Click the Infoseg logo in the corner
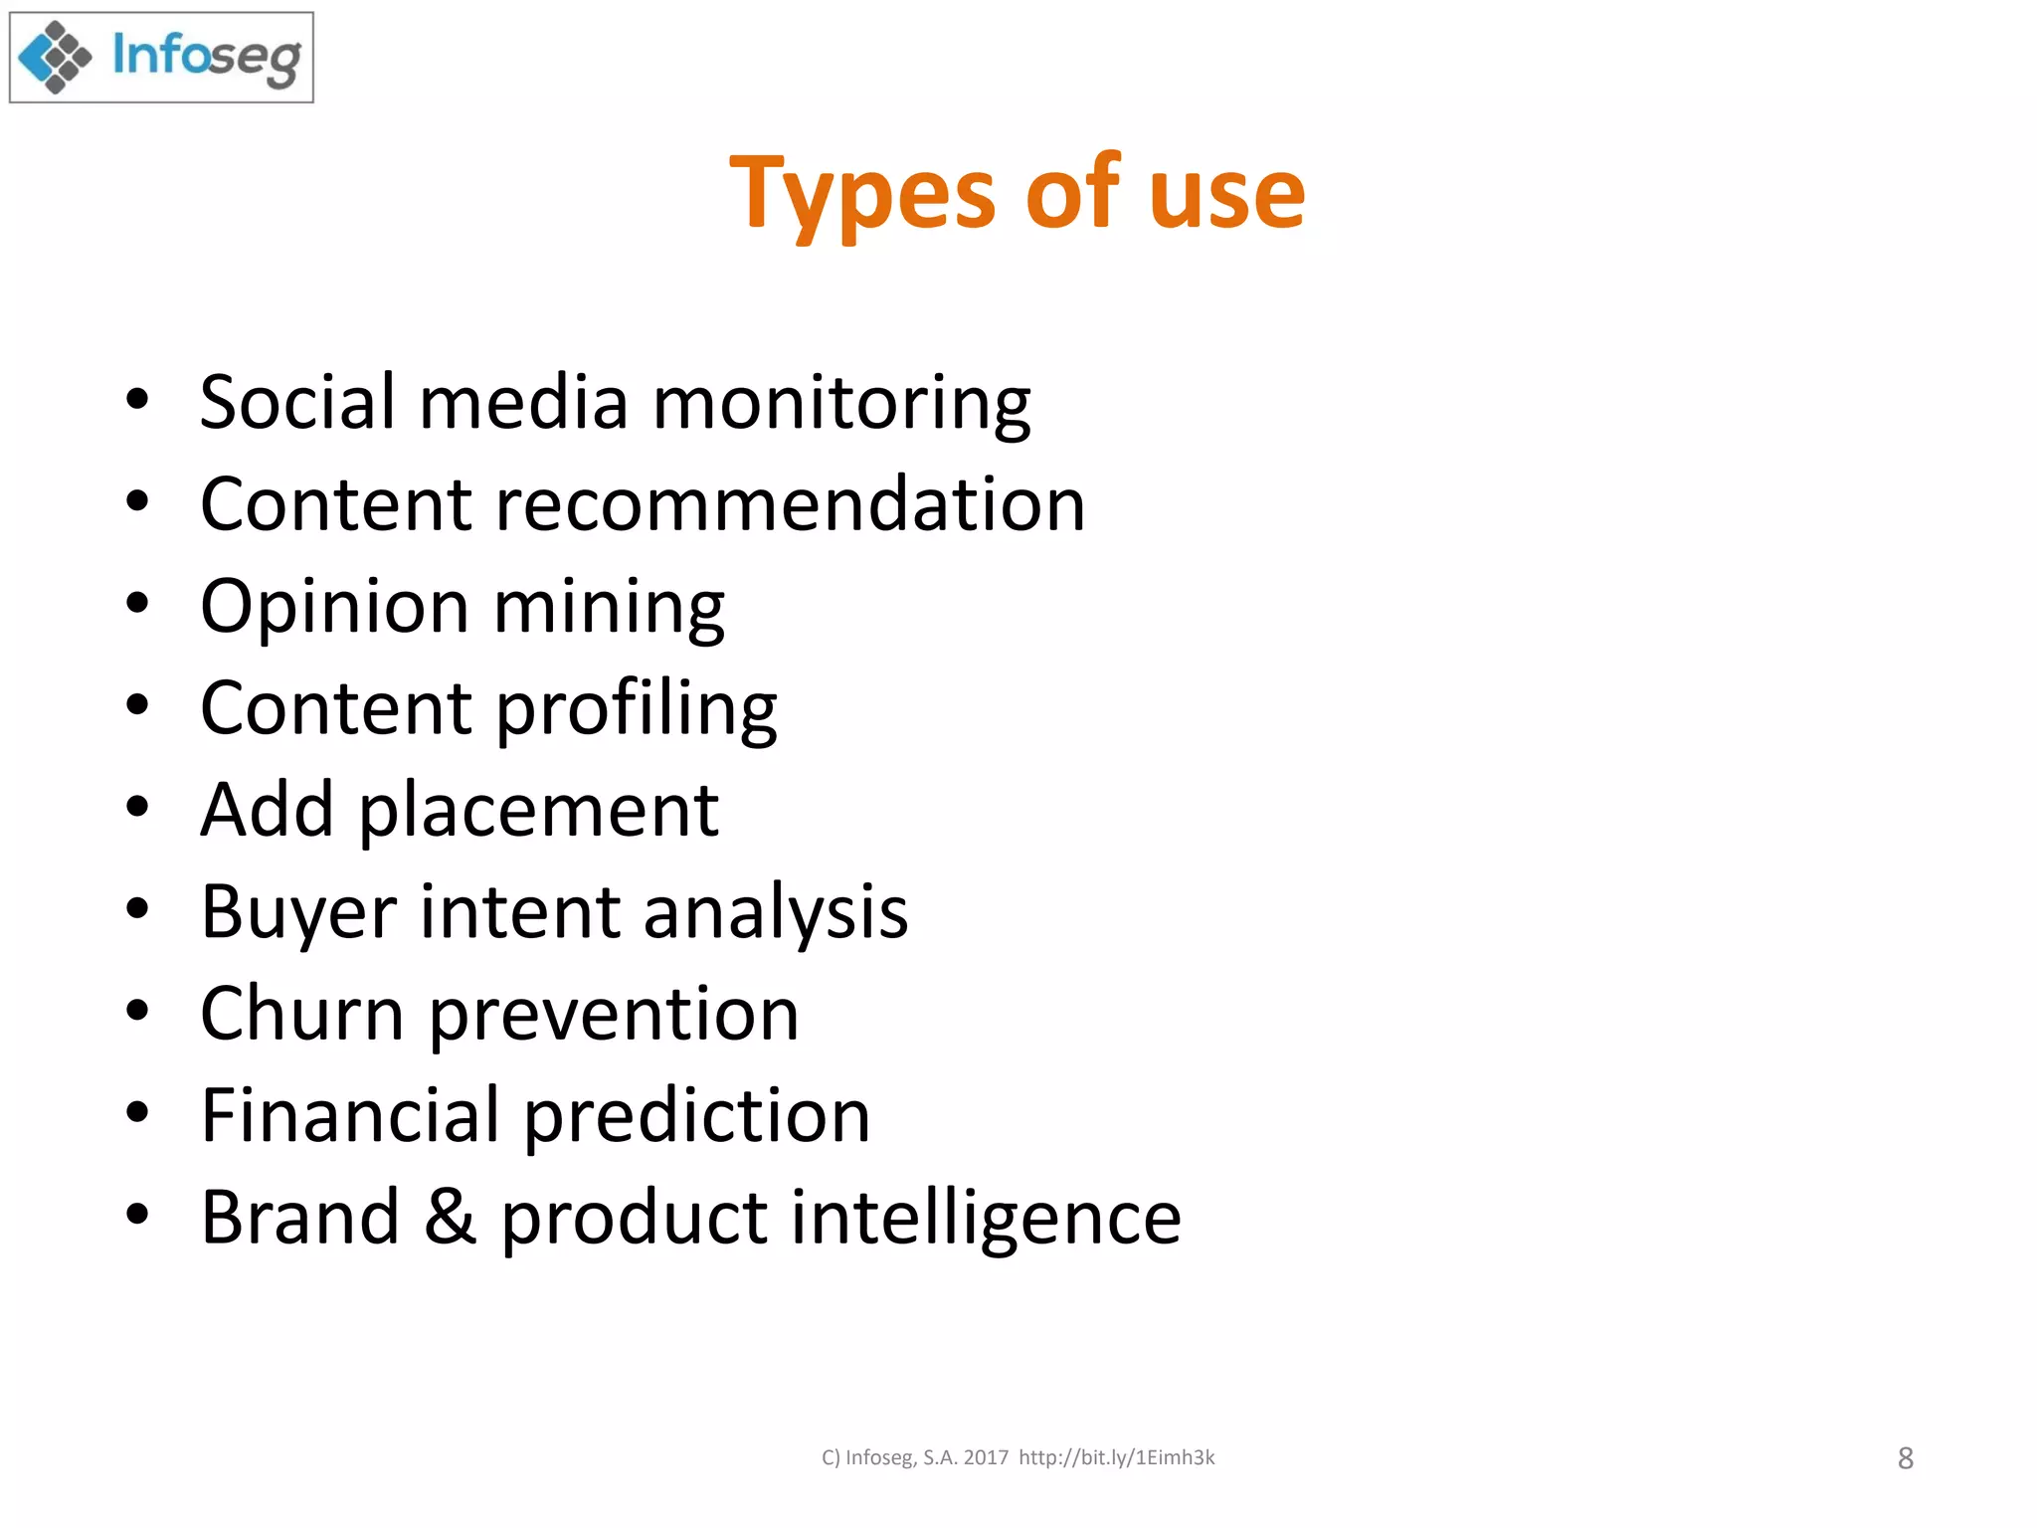pos(161,58)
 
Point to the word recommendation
pos(790,504)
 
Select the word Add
pos(267,810)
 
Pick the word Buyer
pos(299,913)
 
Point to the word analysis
pos(776,913)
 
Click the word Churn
pos(302,1014)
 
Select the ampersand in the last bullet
pos(450,1217)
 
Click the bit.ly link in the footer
pos(1116,1457)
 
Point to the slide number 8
pos(1905,1458)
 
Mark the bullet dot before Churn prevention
pos(137,1011)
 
